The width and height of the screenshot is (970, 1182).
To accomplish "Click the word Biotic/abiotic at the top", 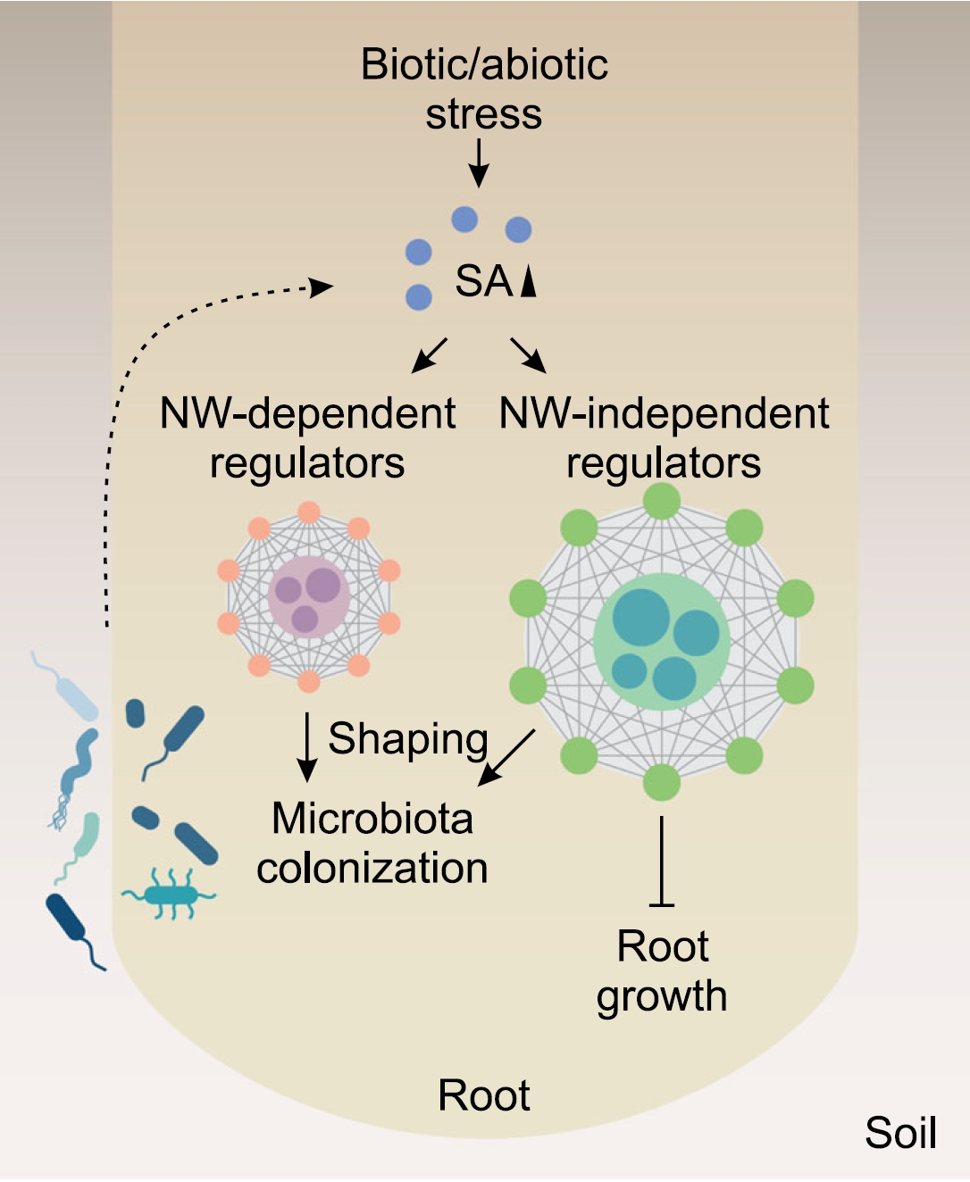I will (x=484, y=64).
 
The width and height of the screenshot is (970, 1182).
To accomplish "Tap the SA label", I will (x=483, y=281).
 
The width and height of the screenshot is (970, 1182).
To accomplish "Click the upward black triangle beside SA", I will (x=529, y=280).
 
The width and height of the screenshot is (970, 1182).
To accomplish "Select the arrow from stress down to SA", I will (x=479, y=163).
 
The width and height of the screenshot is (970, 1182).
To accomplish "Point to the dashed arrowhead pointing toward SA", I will (x=320, y=287).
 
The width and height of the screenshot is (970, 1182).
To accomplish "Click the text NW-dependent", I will (x=307, y=413).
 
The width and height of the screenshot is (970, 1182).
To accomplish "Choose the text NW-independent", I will (x=664, y=413).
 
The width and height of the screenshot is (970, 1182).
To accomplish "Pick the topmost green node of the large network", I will (x=662, y=500).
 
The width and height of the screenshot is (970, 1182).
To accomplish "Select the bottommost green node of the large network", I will (x=662, y=782).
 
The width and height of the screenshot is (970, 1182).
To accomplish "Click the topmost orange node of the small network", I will (x=309, y=512).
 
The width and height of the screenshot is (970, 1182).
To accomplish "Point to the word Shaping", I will (x=408, y=739).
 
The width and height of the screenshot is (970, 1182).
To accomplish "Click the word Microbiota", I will (x=372, y=819).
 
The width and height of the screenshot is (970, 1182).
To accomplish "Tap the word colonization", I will (x=372, y=868).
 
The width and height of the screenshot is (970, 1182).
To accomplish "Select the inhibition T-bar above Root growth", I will (x=661, y=862).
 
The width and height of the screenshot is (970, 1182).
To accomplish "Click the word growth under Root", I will (x=662, y=996).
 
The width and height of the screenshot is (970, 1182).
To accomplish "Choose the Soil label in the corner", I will (x=900, y=1133).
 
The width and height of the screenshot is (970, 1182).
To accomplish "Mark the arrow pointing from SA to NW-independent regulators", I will (x=528, y=354).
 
